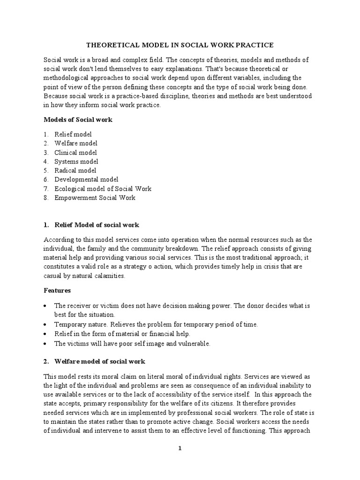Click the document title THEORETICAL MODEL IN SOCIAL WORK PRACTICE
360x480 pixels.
[x=180, y=45]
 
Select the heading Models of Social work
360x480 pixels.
[x=78, y=120]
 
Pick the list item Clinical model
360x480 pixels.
[x=76, y=152]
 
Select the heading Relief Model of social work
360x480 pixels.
[x=97, y=225]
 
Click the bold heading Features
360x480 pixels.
[x=57, y=291]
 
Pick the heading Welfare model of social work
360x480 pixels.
[x=100, y=362]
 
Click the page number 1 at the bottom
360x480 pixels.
[x=180, y=449]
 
